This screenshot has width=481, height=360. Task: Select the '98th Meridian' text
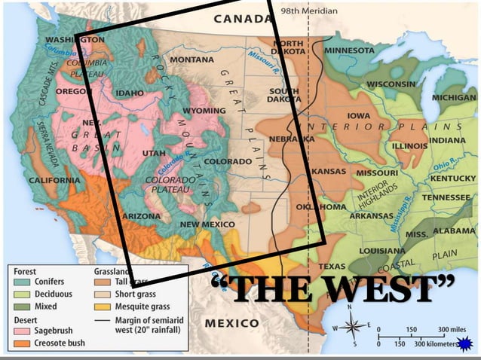click(309, 12)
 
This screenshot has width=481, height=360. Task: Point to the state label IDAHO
click(129, 93)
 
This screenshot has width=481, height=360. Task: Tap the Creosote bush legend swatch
click(23, 343)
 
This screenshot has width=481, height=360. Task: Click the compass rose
click(352, 328)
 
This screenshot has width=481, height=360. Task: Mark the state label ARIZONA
click(140, 215)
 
